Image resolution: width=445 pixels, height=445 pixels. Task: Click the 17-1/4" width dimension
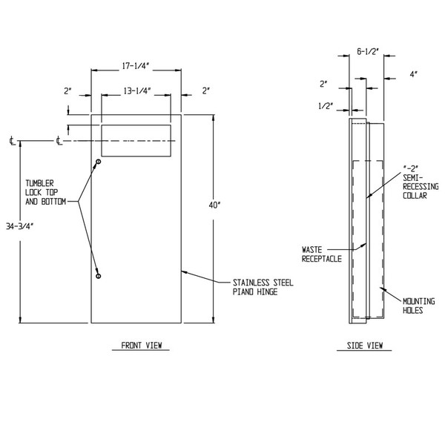point(135,65)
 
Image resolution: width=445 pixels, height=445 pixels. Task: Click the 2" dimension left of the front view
point(68,90)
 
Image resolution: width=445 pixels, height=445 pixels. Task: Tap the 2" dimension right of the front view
point(205,90)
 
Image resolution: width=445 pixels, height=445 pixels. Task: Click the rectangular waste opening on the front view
point(135,140)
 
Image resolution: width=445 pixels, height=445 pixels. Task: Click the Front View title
point(141,345)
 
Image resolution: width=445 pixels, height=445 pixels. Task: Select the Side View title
point(364,345)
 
